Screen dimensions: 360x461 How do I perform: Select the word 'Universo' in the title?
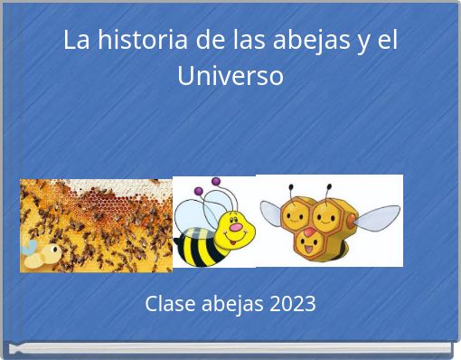click(230, 75)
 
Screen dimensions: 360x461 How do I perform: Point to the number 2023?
click(291, 303)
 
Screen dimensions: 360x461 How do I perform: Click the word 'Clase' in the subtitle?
click(170, 303)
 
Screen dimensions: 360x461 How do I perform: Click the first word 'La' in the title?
click(76, 41)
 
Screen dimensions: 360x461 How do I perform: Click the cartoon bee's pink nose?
click(236, 229)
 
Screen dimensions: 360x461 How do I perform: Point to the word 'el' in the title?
click(387, 41)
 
